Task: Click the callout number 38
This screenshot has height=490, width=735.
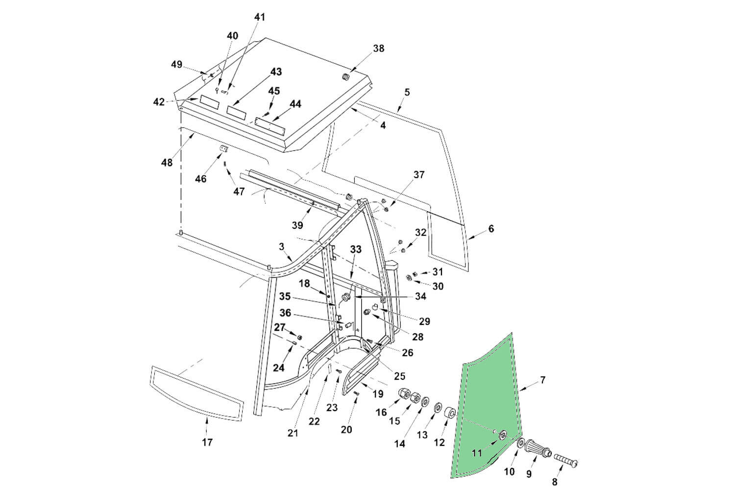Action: [379, 49]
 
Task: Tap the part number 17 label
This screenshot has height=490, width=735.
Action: [207, 442]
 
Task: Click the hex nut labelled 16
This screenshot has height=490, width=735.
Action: [405, 393]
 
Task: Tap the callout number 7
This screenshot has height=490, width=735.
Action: [542, 380]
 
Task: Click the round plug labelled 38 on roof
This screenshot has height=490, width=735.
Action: [346, 77]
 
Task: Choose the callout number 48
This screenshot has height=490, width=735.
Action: [167, 162]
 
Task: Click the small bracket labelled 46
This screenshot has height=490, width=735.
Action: [224, 149]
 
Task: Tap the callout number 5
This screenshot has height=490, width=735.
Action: [407, 92]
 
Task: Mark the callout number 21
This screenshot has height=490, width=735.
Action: [293, 433]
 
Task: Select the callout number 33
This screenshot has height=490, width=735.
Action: [356, 249]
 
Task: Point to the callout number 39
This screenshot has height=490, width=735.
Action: [297, 225]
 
